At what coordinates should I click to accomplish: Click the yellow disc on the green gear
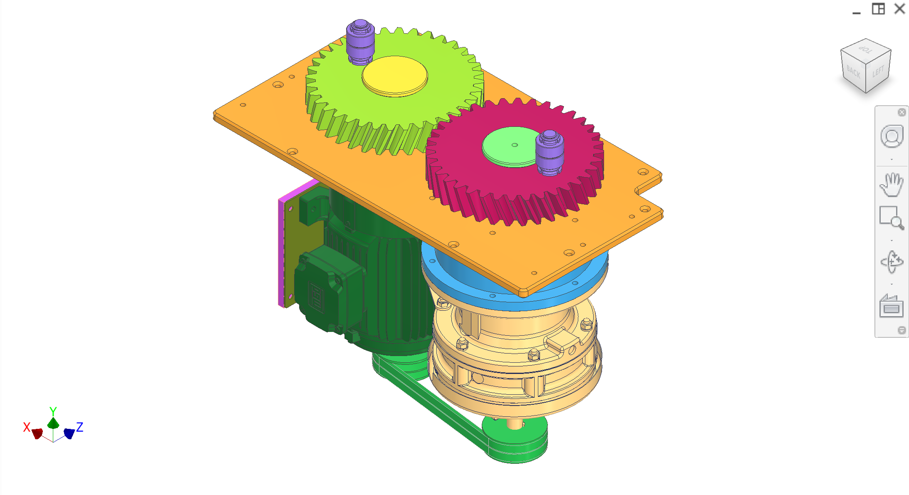394,76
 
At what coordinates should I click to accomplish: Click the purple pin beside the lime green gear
360,42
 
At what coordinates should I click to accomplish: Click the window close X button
899,9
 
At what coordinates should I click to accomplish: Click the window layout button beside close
878,9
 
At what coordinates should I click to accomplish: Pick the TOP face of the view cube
866,50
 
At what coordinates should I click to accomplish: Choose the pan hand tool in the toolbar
892,184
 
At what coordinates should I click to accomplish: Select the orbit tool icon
892,262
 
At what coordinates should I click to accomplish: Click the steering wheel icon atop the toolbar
892,136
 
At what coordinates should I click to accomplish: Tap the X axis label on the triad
27,427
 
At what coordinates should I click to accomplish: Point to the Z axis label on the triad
80,427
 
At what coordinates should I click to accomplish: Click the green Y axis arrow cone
53,423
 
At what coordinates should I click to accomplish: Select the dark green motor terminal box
324,287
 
